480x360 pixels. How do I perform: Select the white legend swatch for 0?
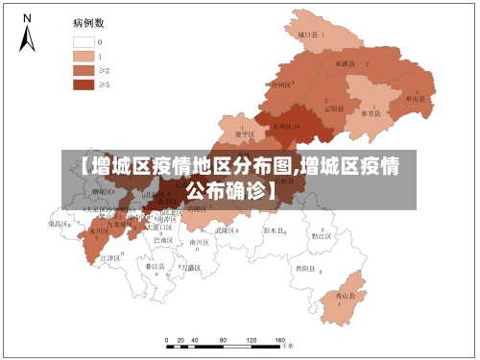(x=84, y=42)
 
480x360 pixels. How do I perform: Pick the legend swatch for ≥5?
(x=84, y=84)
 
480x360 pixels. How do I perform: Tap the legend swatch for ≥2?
(x=84, y=70)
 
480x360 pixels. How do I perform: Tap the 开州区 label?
(x=281, y=84)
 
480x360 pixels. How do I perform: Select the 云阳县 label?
(x=333, y=108)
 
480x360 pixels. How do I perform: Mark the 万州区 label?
(x=283, y=126)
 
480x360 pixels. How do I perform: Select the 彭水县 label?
(x=275, y=231)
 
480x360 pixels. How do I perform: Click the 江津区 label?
(x=109, y=258)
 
